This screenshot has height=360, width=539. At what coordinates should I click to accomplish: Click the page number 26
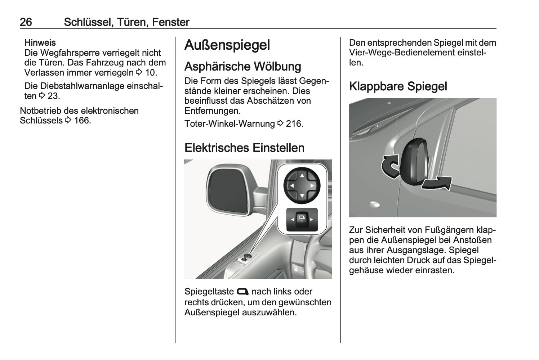pos(26,22)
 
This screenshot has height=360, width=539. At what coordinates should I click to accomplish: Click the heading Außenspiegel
pos(227,45)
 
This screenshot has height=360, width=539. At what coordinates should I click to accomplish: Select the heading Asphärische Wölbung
pos(242,66)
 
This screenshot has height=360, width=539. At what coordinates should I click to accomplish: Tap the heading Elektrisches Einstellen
pos(244,148)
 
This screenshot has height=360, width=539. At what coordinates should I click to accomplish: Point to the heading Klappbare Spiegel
pos(398,86)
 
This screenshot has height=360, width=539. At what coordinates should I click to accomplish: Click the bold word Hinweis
pos(40,42)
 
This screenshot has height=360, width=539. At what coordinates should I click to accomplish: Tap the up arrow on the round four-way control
pos(302,176)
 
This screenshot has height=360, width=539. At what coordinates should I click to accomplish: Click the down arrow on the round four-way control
pos(302,196)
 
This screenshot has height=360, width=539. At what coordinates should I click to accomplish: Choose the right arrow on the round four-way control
pos(312,186)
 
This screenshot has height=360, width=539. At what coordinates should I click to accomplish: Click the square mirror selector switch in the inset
pos(302,219)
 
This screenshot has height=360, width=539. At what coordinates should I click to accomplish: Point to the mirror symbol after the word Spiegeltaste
pos(242,292)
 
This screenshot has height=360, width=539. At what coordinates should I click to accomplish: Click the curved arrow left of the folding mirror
pos(390,166)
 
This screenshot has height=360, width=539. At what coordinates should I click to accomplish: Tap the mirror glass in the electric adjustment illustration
pos(227,191)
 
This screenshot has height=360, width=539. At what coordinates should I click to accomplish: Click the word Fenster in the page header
pos(171,22)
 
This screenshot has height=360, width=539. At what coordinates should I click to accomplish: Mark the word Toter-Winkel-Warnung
pos(230,124)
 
